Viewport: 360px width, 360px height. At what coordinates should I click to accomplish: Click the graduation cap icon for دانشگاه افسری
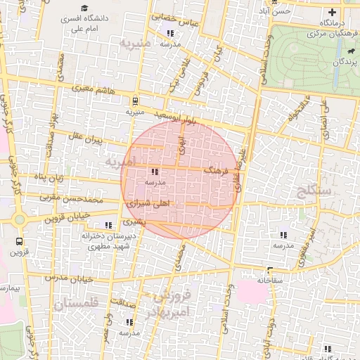tap(84, 8)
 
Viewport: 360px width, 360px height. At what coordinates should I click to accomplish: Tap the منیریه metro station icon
tap(134, 101)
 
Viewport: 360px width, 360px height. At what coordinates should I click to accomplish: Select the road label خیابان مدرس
tap(70, 278)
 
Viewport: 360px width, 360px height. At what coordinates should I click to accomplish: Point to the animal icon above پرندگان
tap(349, 51)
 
